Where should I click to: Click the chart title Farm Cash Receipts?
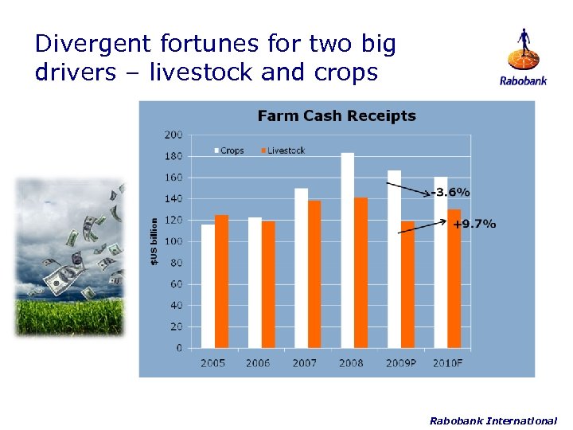tap(337, 116)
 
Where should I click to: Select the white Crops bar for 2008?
tap(347, 250)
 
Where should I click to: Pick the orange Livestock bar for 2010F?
tap(454, 279)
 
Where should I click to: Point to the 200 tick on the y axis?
tap(173, 135)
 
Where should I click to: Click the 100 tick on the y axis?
tap(173, 241)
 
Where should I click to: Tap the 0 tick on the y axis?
tap(179, 348)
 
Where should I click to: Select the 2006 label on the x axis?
tap(258, 363)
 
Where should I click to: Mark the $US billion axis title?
tap(154, 242)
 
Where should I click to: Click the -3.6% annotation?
tap(451, 192)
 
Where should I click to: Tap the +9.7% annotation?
tap(474, 224)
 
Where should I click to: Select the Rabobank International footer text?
tap(493, 420)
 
